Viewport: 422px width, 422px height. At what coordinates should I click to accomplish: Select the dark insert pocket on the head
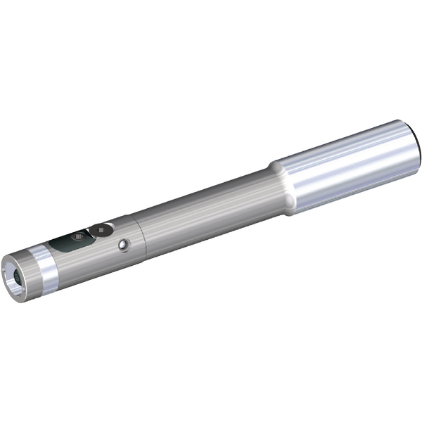[x=70, y=243]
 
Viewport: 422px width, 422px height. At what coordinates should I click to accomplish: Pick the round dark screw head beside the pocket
[x=103, y=229]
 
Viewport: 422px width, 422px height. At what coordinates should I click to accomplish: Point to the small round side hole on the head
[x=124, y=244]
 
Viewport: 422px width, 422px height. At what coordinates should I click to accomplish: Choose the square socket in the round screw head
[x=103, y=229]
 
